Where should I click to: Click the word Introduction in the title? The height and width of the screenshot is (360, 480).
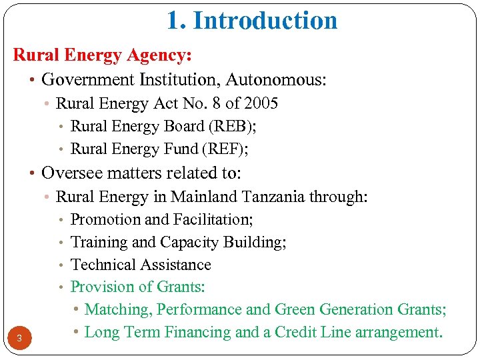(x=265, y=21)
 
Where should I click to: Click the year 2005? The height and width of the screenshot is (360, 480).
(x=261, y=103)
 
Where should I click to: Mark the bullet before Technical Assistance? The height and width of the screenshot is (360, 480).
(x=61, y=265)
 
